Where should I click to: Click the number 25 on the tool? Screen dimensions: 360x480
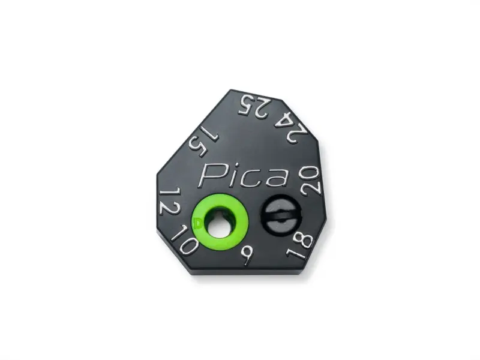coord(253,106)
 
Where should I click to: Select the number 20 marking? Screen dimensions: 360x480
coord(312,179)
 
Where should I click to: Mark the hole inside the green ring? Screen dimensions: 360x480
coord(218,222)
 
